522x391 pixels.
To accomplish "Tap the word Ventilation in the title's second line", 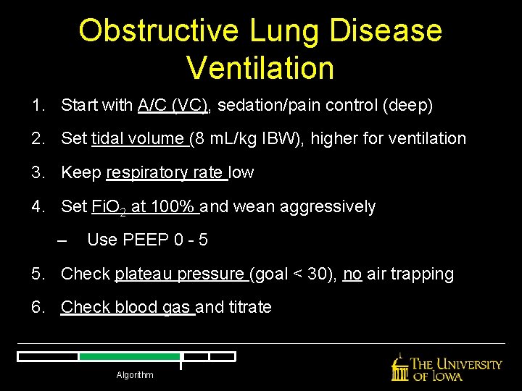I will [x=260, y=68].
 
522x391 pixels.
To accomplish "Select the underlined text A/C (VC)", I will [x=173, y=106].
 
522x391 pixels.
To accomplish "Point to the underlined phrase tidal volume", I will [x=139, y=138].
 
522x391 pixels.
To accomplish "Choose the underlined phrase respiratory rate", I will [x=165, y=172].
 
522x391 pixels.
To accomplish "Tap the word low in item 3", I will [x=241, y=172].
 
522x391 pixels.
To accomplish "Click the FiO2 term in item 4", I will [x=109, y=207].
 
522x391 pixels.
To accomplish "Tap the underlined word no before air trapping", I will [x=352, y=274].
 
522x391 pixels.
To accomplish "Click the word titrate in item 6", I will [x=250, y=307].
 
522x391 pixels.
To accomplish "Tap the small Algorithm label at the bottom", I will [x=135, y=375].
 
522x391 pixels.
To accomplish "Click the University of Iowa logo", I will [x=447, y=367].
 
